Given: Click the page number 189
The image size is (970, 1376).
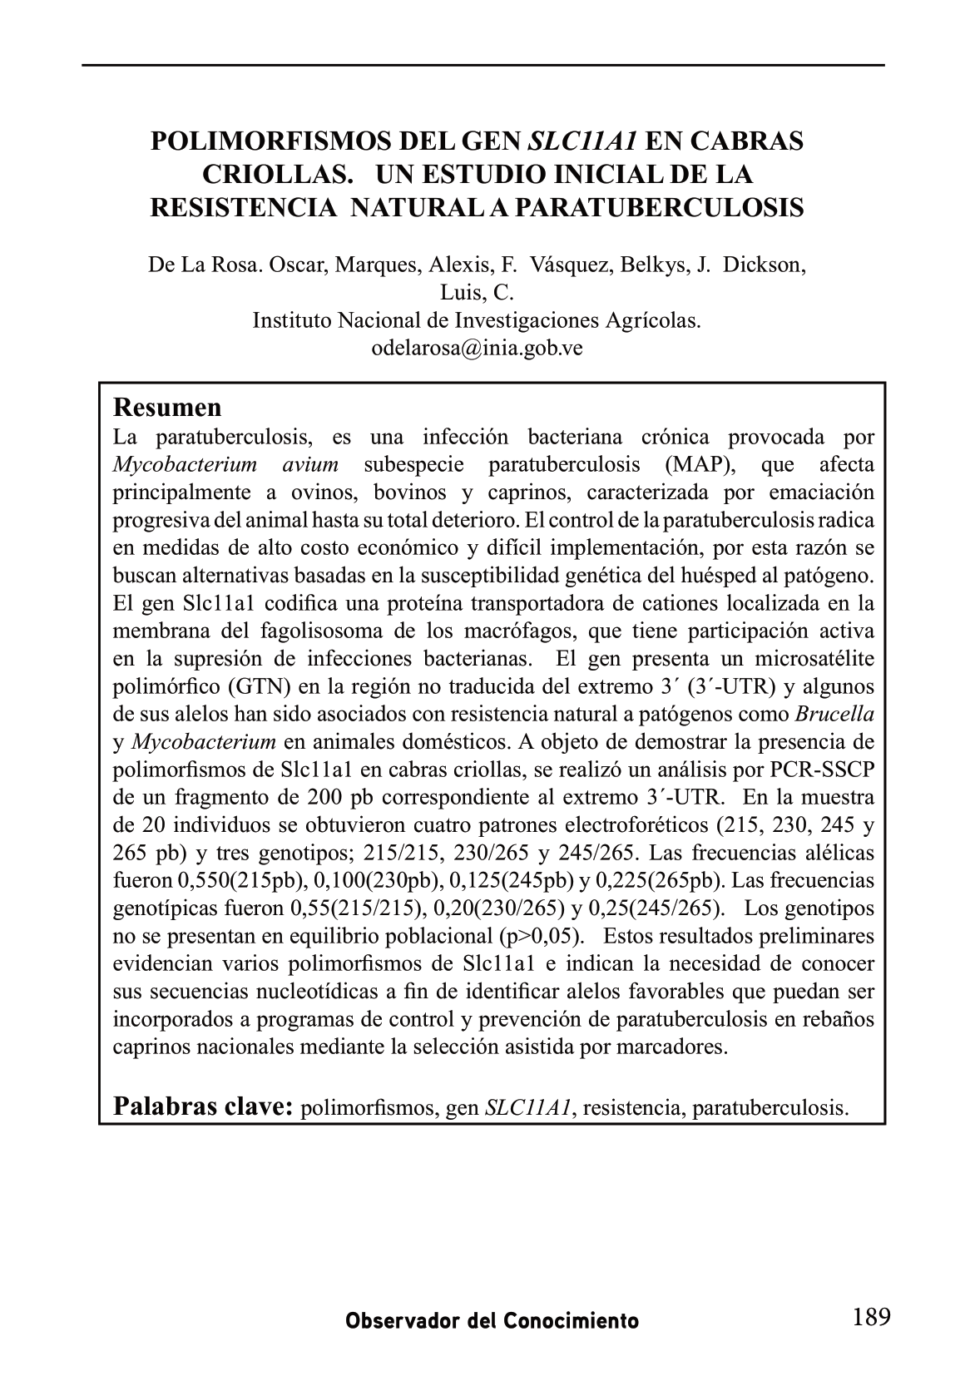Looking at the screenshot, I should pos(871,1316).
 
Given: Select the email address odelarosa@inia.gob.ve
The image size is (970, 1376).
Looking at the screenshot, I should pos(477,348).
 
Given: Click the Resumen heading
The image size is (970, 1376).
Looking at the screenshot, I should pos(167,408).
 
